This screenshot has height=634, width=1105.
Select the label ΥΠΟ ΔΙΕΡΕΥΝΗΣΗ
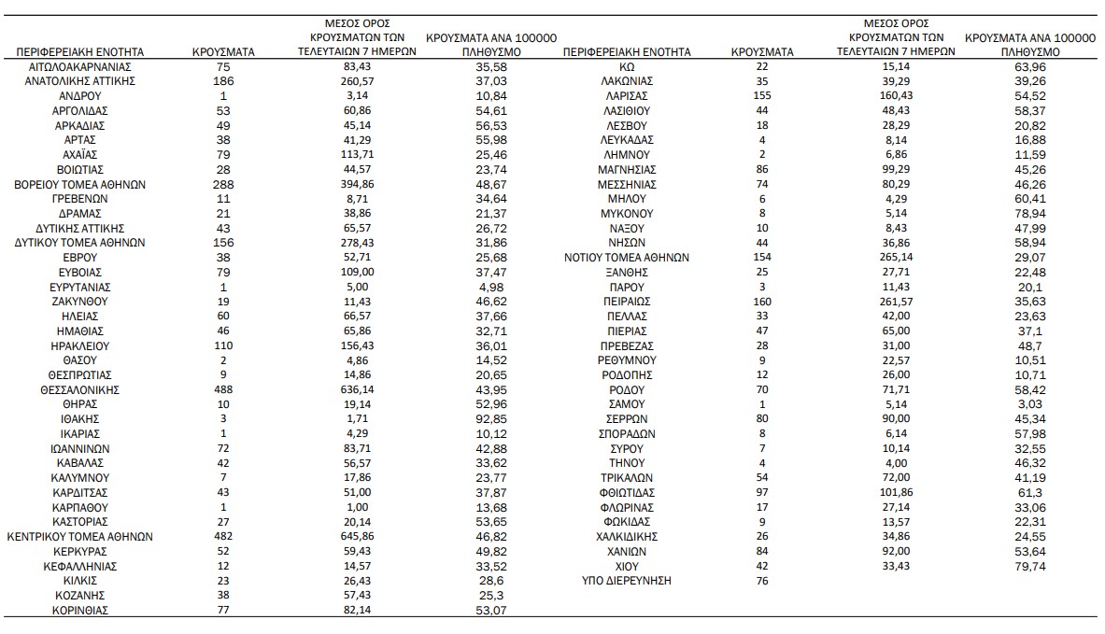tap(626, 581)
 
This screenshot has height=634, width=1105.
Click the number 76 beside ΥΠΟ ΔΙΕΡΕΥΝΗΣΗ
tap(763, 581)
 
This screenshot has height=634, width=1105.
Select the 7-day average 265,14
tap(896, 258)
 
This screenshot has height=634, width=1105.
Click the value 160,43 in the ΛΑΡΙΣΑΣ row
tap(896, 96)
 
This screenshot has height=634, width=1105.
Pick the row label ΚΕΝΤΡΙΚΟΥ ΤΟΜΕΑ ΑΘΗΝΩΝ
tap(79, 537)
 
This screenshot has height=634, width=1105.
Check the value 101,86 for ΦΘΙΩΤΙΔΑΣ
tap(896, 492)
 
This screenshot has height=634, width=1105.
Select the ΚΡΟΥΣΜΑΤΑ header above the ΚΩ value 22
tap(763, 52)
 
